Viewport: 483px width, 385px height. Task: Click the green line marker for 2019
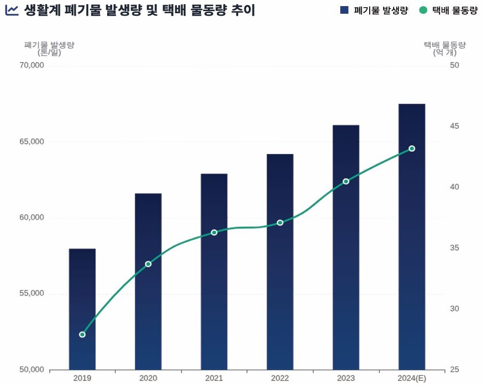click(x=82, y=334)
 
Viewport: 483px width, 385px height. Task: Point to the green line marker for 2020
click(x=148, y=264)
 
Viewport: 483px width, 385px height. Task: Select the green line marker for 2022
click(x=280, y=223)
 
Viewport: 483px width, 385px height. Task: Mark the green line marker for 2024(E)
click(x=412, y=149)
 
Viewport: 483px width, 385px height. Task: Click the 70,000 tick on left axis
click(x=31, y=66)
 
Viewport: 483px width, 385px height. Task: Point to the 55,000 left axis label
click(x=31, y=294)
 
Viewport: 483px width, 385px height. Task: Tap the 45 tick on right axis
click(x=455, y=126)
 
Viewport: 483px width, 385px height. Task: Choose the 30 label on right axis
click(x=455, y=309)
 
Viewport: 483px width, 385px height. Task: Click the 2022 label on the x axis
click(x=280, y=378)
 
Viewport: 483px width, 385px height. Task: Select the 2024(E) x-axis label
click(x=412, y=378)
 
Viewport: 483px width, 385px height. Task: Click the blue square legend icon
click(x=344, y=10)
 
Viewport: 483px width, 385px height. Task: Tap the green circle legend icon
click(x=423, y=10)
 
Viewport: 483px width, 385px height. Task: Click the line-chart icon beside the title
click(x=12, y=10)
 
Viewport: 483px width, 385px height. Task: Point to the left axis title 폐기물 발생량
click(x=49, y=45)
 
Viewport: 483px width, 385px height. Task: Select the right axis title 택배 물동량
click(x=444, y=45)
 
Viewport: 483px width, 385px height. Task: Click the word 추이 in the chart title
click(x=242, y=10)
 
